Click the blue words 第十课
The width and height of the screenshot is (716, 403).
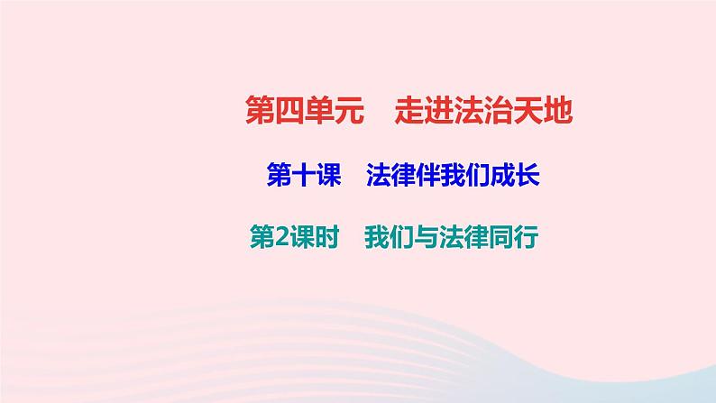coord(302,176)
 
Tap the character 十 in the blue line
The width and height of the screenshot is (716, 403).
coord(302,176)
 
